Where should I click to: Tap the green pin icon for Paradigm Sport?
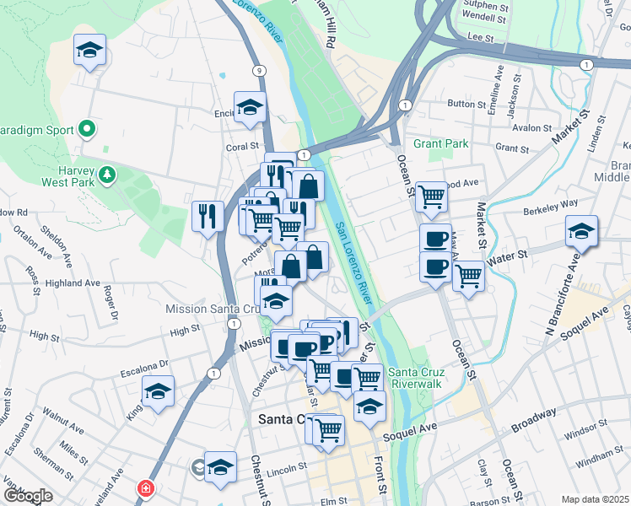coord(86,130)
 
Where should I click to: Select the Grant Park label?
coord(440,144)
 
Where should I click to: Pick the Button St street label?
coord(462,104)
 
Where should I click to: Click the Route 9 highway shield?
coord(258,71)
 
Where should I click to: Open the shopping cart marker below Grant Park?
coord(431,196)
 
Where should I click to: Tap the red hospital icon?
coord(147,487)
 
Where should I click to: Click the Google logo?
coord(27,495)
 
